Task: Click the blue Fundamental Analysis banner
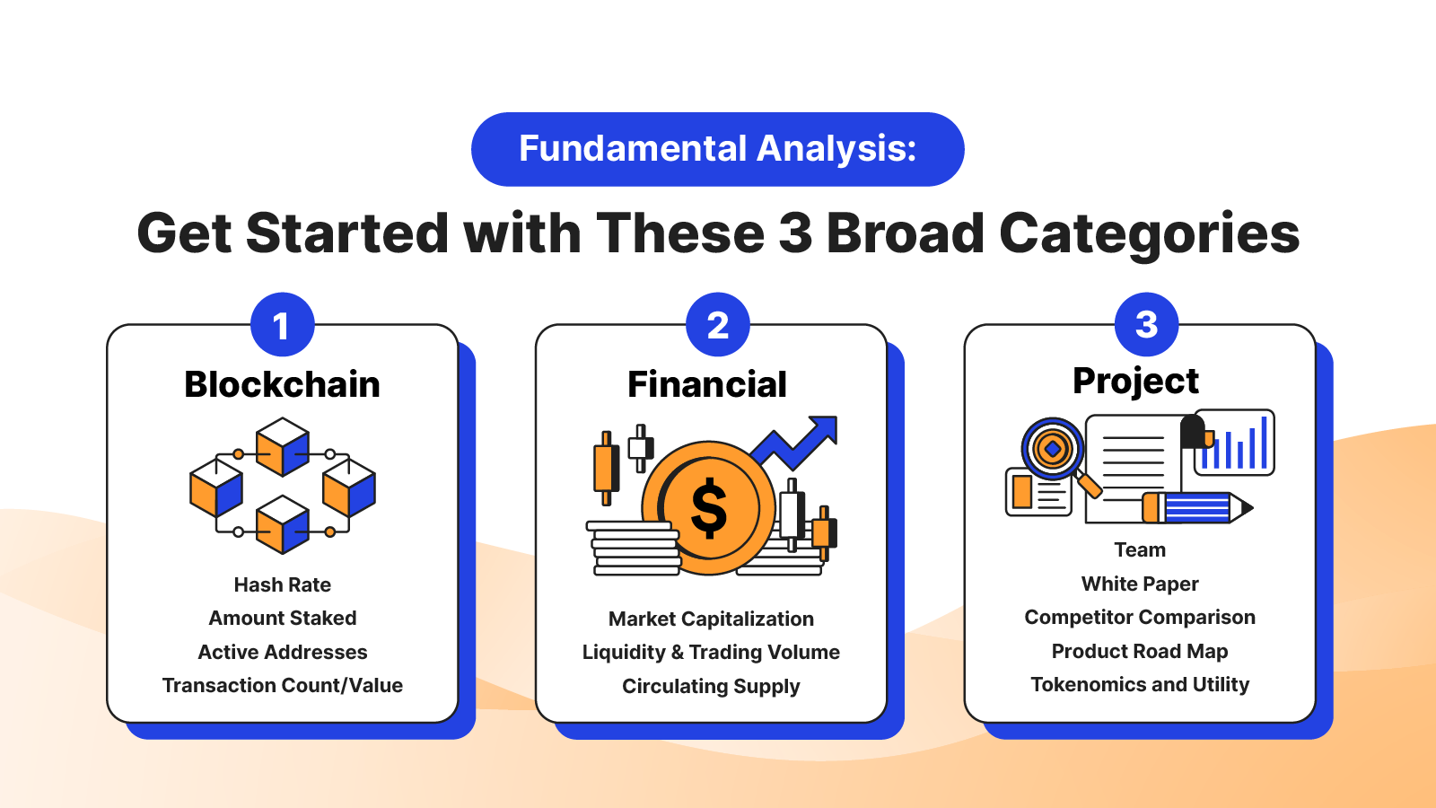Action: pyautogui.click(x=717, y=149)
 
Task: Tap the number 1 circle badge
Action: pyautogui.click(x=282, y=324)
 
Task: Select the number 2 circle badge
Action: pyautogui.click(x=717, y=324)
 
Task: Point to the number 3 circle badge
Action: pyautogui.click(x=1146, y=324)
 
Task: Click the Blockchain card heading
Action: pyautogui.click(x=282, y=384)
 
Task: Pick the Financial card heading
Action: pyautogui.click(x=707, y=384)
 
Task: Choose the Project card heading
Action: pyautogui.click(x=1135, y=382)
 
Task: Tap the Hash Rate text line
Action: pyautogui.click(x=282, y=584)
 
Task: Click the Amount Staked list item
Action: pyautogui.click(x=282, y=619)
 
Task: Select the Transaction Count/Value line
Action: pyautogui.click(x=282, y=686)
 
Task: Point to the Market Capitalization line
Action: pyautogui.click(x=711, y=619)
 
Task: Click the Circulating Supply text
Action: pyautogui.click(x=711, y=686)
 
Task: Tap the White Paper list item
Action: pyautogui.click(x=1140, y=584)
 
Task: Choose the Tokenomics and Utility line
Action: pyautogui.click(x=1140, y=685)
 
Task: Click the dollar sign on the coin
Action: pyautogui.click(x=708, y=508)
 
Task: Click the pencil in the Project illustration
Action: pyautogui.click(x=1197, y=508)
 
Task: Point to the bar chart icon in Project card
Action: pyautogui.click(x=1234, y=443)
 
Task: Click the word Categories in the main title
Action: pyautogui.click(x=1149, y=234)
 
